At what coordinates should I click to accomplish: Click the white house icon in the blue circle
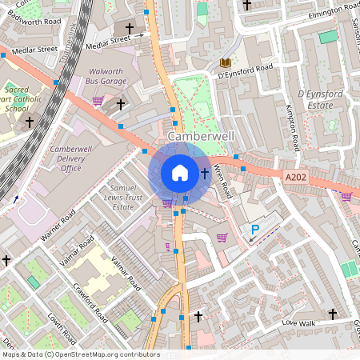[x=180, y=172]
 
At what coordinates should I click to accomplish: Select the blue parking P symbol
[x=255, y=230]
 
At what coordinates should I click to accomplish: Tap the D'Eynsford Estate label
[x=320, y=99]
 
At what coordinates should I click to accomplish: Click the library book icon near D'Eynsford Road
[x=225, y=62]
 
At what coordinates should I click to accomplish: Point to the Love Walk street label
[x=298, y=322]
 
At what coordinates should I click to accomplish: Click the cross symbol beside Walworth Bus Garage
[x=121, y=104]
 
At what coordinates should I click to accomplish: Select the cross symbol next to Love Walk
[x=333, y=313]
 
